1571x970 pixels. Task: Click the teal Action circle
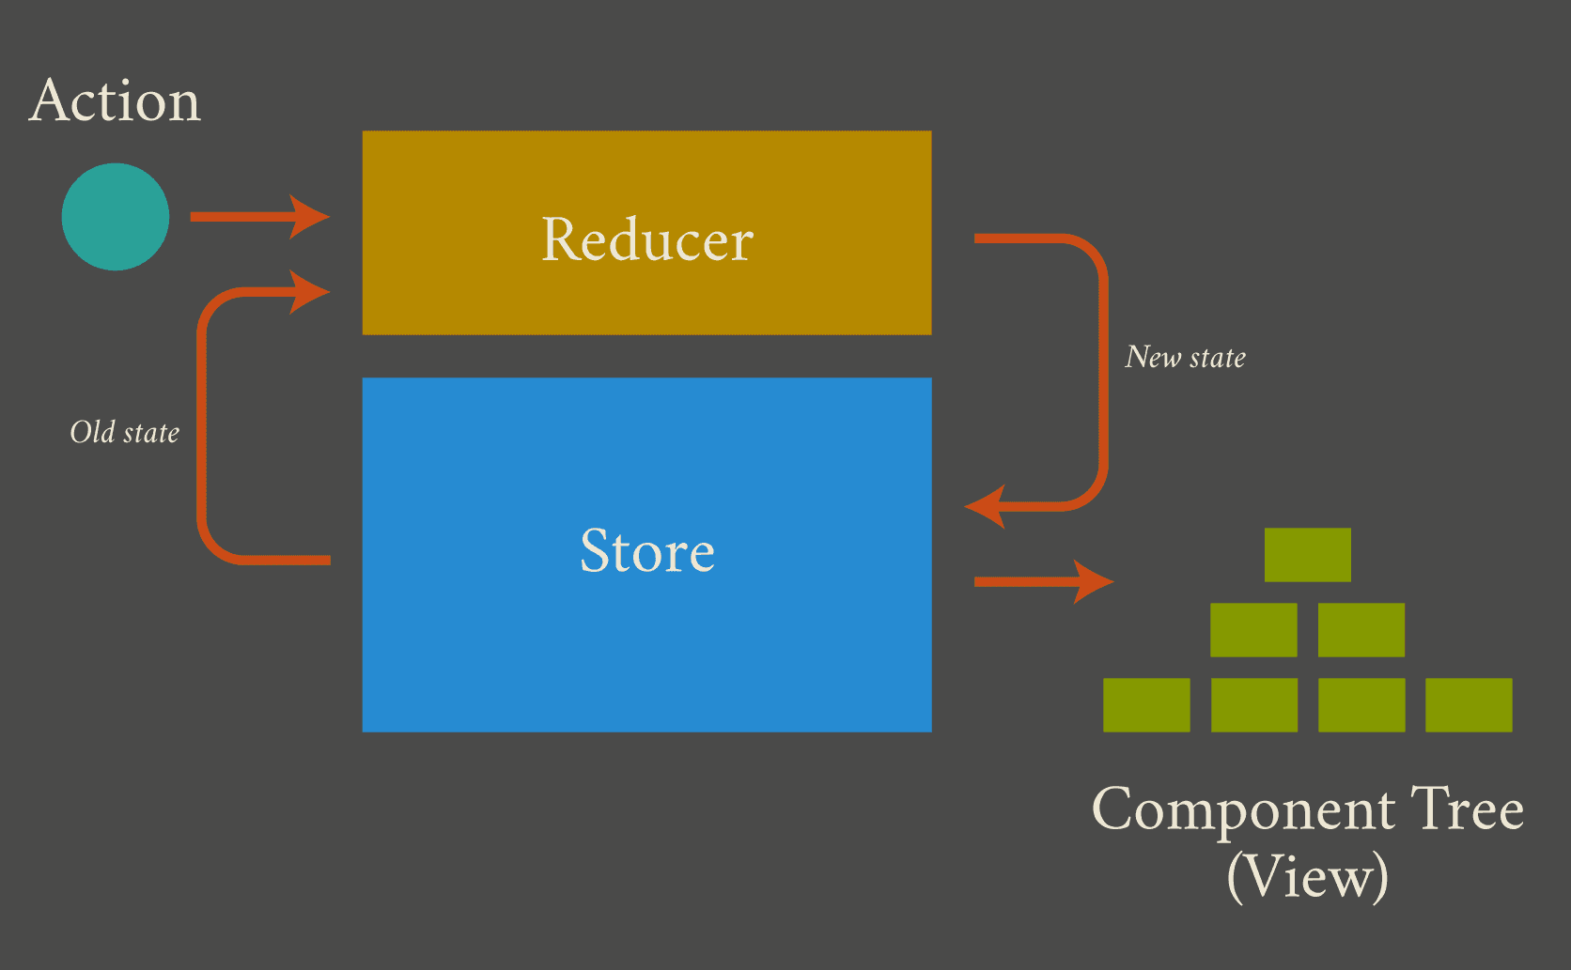pos(116,217)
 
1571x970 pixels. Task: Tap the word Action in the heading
pos(116,100)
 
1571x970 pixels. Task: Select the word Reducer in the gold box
pos(647,239)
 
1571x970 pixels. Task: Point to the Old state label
pos(125,432)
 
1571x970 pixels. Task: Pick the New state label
pos(1186,357)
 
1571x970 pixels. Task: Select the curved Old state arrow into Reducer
pos(202,423)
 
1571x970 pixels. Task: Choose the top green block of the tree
pos(1308,555)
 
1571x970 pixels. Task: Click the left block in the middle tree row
pos(1253,630)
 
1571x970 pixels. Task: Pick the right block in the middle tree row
pos(1361,630)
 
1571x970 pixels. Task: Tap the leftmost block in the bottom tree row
pos(1146,705)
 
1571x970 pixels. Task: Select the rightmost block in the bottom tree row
pos(1469,705)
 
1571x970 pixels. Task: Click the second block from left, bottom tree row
pos(1254,705)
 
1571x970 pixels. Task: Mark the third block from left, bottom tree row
pos(1361,705)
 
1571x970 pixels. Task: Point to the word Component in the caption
pos(1243,809)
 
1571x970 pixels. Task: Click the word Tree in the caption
pos(1467,809)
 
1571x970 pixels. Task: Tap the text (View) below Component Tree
pos(1307,876)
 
